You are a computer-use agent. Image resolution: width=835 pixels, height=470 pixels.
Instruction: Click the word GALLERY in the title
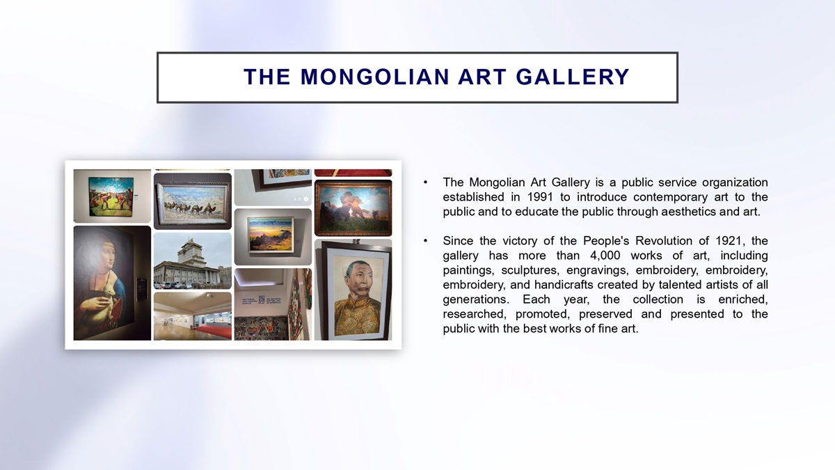point(573,77)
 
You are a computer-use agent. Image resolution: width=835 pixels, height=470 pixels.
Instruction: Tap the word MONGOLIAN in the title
point(374,77)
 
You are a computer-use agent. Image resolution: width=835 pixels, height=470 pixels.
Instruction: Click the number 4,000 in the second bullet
point(605,256)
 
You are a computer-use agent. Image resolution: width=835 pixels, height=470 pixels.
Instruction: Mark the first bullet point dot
point(425,182)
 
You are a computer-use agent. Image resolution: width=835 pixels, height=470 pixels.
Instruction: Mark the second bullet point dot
point(425,241)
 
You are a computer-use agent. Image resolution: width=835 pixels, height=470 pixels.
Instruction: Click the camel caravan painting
point(192,201)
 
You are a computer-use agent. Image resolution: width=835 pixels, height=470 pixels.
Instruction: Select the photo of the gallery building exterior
point(192,260)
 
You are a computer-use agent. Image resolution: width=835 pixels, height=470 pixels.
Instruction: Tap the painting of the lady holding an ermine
point(112,283)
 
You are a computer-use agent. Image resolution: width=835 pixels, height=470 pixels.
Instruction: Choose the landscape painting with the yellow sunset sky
point(271,235)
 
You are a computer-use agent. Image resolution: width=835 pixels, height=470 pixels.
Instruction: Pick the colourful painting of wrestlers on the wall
point(111,197)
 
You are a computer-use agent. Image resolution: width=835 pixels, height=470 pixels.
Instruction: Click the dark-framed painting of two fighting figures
point(353,207)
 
